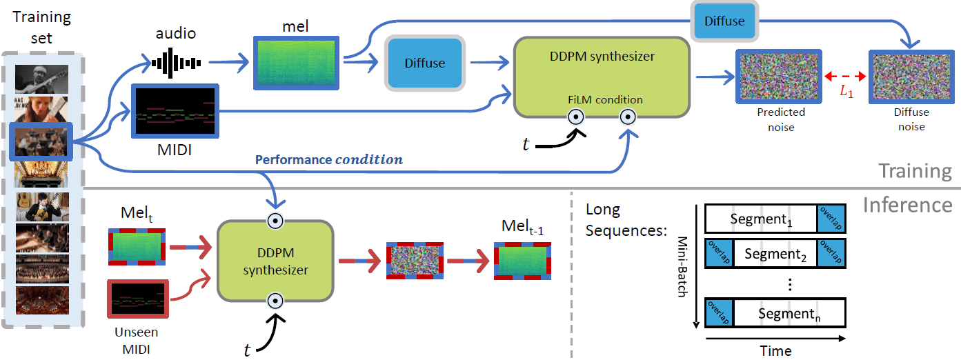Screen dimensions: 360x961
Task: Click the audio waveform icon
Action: coord(176,63)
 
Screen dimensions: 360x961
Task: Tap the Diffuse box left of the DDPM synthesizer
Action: coord(425,63)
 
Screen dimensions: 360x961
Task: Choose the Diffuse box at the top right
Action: coord(724,21)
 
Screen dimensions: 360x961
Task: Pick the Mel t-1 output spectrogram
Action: coord(522,259)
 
